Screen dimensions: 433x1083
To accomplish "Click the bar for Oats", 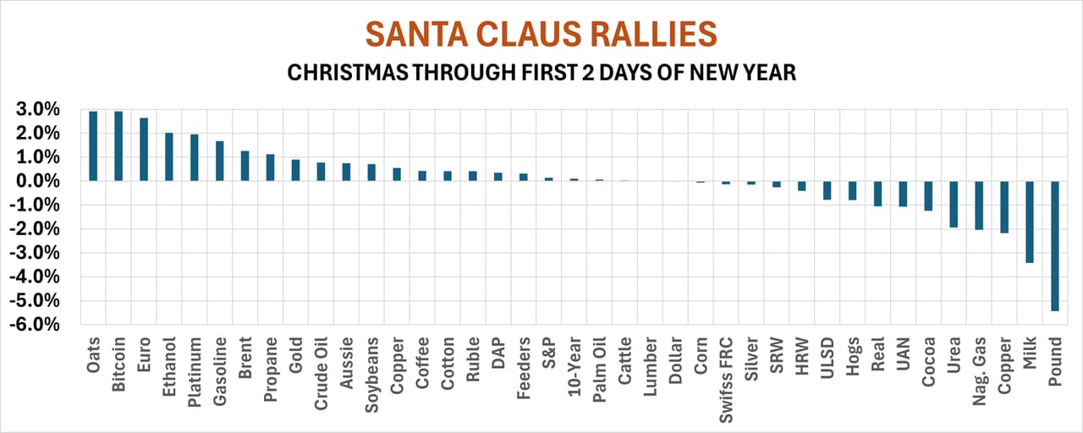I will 93,145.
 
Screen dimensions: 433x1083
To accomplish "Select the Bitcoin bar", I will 118,145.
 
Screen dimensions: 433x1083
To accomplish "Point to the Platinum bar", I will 195,157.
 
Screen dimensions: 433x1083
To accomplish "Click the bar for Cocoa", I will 928,195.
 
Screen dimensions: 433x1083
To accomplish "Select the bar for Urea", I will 954,204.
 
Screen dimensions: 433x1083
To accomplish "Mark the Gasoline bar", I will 220,161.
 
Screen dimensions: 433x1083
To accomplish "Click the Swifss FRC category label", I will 726,372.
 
